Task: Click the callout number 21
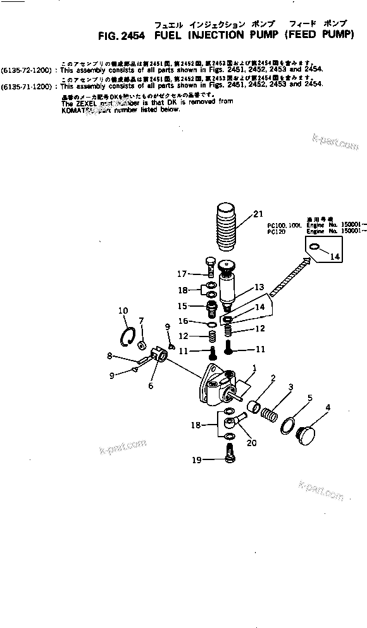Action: (257, 214)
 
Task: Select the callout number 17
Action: (182, 274)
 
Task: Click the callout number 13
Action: (259, 287)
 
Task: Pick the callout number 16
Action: (182, 321)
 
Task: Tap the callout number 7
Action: (141, 320)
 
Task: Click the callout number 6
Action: (151, 385)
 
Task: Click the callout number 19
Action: (198, 461)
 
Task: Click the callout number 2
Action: (273, 379)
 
